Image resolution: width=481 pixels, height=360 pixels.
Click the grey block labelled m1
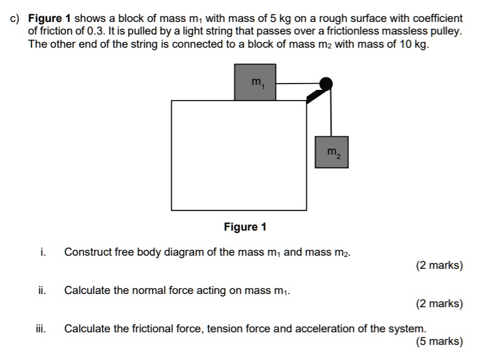point(255,82)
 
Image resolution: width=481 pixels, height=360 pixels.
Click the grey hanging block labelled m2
point(332,152)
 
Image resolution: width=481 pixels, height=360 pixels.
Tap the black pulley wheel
point(325,83)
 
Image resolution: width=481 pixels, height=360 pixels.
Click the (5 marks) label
point(439,342)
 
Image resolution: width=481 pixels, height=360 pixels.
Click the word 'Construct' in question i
point(87,252)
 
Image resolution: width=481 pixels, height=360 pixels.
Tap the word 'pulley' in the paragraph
point(445,31)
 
